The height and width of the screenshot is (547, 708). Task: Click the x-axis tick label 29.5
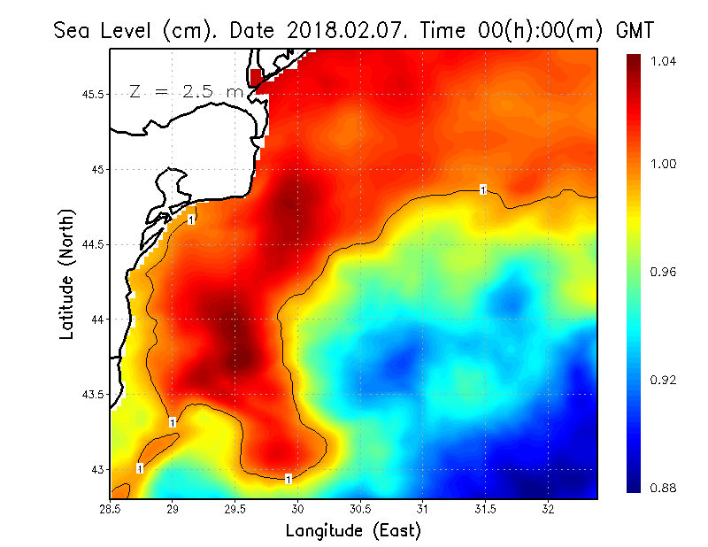pos(235,509)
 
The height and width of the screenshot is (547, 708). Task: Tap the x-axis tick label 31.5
pos(486,509)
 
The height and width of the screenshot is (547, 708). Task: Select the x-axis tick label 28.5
pos(110,509)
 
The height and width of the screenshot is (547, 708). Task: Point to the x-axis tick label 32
pos(549,509)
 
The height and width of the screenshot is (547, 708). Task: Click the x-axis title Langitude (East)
pos(353,531)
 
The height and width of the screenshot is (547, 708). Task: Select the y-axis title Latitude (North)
pos(67,274)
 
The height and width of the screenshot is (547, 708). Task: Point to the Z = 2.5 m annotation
pos(185,91)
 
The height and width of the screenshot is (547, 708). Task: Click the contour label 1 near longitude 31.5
pos(483,189)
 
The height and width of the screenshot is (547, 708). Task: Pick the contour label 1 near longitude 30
pos(289,480)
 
